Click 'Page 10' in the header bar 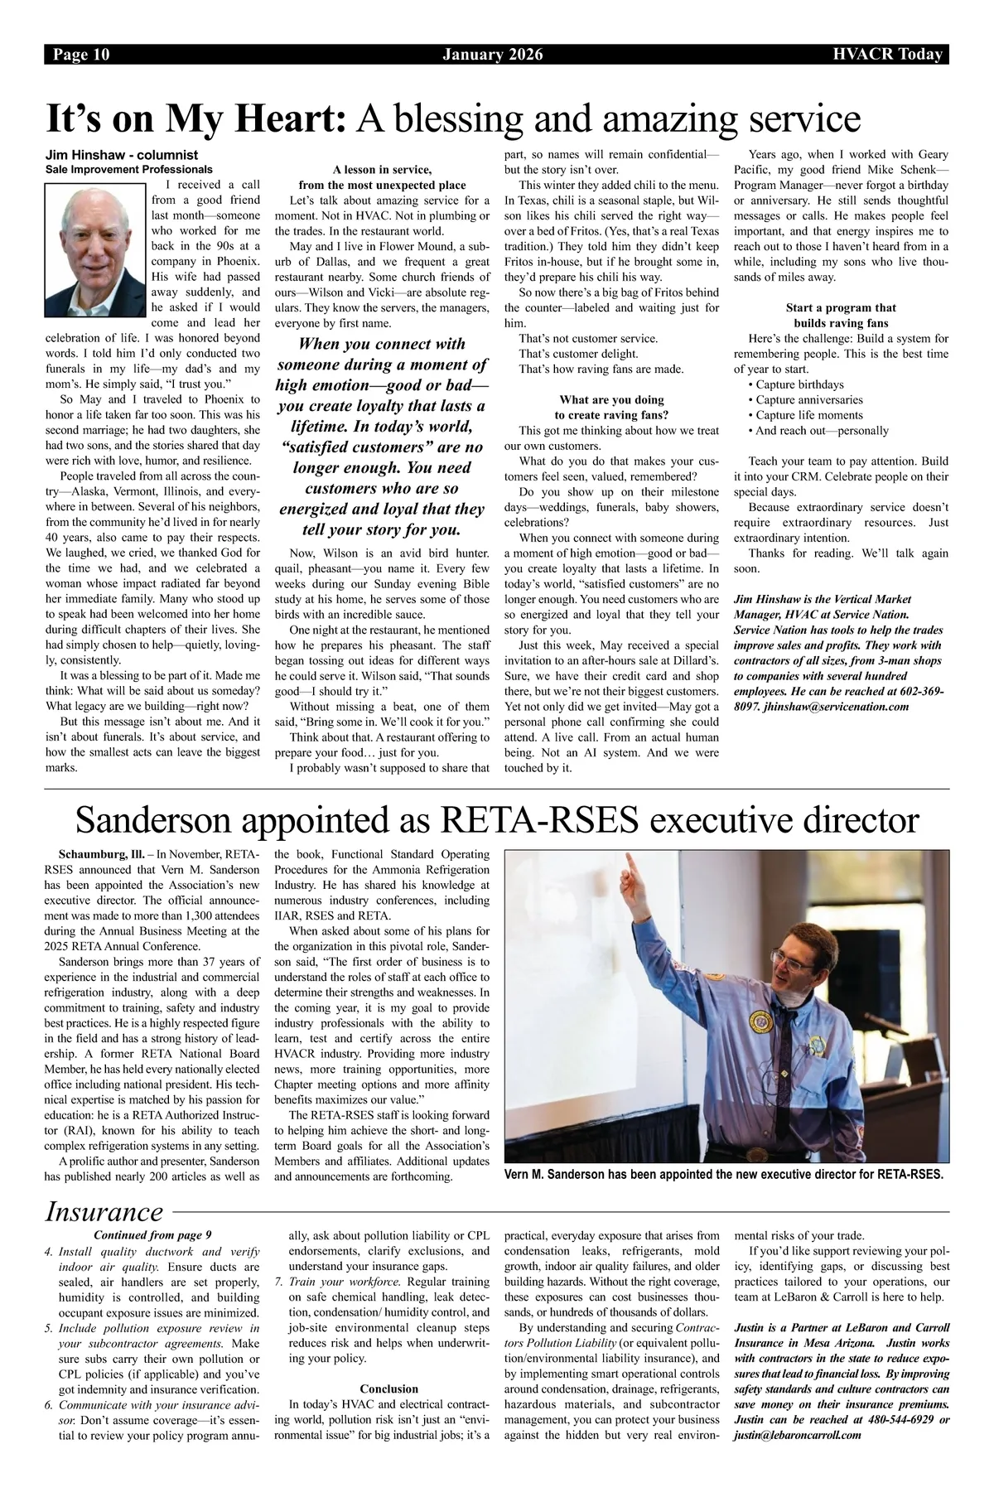click(81, 56)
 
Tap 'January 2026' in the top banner click(493, 56)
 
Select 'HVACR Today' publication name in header click(888, 56)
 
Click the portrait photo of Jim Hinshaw click(95, 246)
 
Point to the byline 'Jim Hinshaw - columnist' click(121, 155)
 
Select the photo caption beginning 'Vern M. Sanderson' click(723, 1174)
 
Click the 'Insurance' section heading click(104, 1212)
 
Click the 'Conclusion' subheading click(388, 1389)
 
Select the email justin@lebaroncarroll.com click(797, 1435)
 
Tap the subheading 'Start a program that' click(840, 307)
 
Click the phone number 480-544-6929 click(894, 1420)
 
